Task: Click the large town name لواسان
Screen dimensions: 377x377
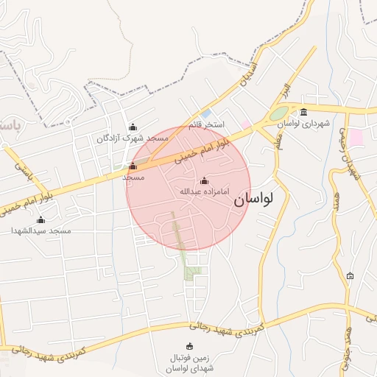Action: [253, 199]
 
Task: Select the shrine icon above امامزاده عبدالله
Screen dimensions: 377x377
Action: [205, 181]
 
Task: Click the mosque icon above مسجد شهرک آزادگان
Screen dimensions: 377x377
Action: [133, 127]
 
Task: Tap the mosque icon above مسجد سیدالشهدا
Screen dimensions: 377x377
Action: [40, 220]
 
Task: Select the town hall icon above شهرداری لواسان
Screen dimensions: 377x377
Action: [304, 113]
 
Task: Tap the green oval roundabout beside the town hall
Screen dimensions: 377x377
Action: [278, 114]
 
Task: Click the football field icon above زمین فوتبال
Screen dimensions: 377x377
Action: [190, 346]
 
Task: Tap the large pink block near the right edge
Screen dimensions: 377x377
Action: [356, 138]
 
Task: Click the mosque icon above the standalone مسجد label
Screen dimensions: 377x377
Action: [133, 166]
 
